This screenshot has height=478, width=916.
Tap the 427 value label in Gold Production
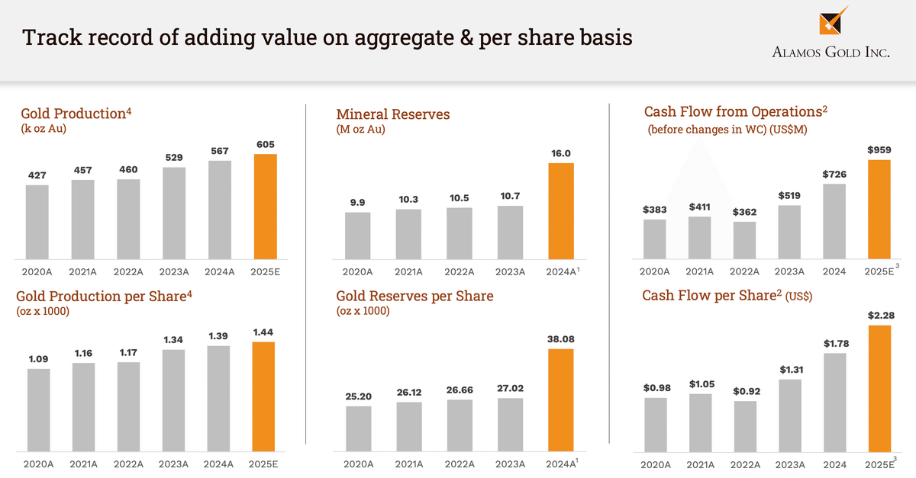point(37,175)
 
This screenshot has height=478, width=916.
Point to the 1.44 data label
point(264,332)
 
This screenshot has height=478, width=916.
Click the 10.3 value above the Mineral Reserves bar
point(408,199)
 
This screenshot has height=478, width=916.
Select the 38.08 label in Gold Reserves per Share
point(561,338)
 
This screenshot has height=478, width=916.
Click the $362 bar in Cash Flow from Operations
point(745,240)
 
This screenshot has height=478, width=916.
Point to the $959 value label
point(879,149)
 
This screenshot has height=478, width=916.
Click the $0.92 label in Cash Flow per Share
point(745,391)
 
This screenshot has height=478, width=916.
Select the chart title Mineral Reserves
point(393,114)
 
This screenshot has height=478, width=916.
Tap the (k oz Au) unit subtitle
point(44,129)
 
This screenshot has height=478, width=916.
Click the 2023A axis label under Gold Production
point(174,271)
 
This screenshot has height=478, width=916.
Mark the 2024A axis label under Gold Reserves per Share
point(560,464)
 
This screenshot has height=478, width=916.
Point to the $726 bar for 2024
point(834,221)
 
